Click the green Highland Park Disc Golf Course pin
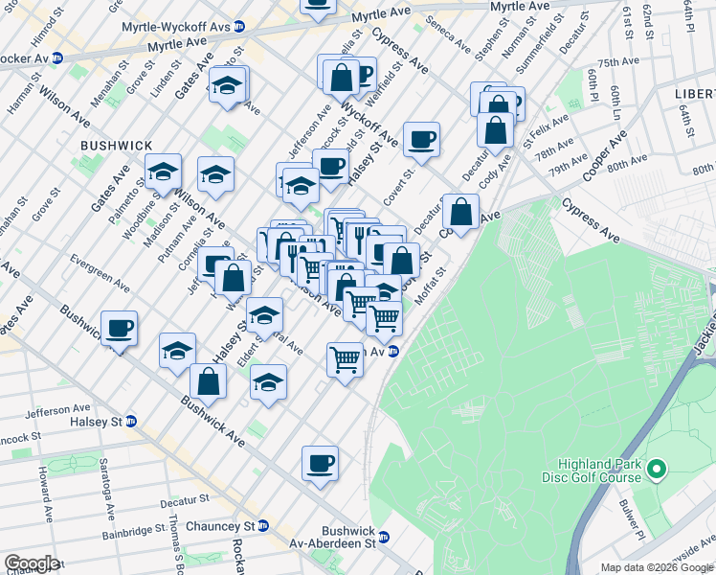click(x=656, y=471)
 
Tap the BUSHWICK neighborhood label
click(x=117, y=145)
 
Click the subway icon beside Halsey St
click(x=131, y=422)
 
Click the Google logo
click(x=32, y=563)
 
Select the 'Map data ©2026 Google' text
click(x=657, y=567)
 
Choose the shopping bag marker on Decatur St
click(x=460, y=212)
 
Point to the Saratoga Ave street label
click(x=111, y=482)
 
